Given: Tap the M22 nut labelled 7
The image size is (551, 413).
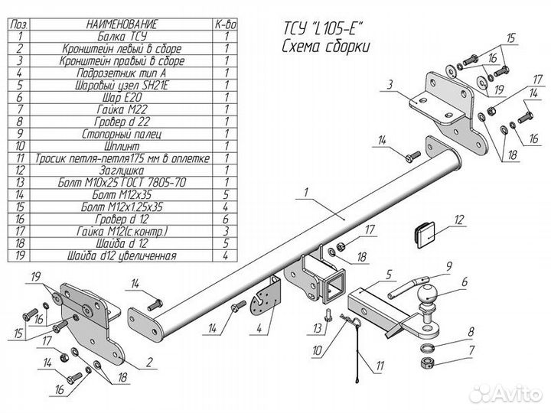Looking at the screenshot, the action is click(x=426, y=363).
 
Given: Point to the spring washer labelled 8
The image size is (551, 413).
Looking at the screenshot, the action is click(x=426, y=348).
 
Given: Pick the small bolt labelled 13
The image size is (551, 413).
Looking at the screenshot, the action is click(x=328, y=314).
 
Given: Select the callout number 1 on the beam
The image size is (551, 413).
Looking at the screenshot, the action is click(x=306, y=192).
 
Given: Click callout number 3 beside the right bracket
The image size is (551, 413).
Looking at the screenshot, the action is click(x=390, y=85).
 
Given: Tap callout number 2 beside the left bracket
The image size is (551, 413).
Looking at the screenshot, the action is click(x=150, y=362).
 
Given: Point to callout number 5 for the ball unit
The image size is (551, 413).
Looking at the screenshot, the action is click(x=388, y=275).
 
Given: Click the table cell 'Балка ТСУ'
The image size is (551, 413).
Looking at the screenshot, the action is click(x=122, y=36).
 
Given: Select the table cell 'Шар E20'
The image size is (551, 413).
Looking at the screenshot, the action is click(x=122, y=97).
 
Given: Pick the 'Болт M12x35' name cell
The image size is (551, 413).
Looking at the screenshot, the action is click(x=122, y=194).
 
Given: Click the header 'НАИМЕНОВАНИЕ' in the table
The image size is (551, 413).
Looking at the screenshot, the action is click(x=122, y=24).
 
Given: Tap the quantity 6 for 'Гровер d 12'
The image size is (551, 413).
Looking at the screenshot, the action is click(x=226, y=220).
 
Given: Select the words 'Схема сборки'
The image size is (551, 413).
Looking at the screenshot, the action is click(x=326, y=47).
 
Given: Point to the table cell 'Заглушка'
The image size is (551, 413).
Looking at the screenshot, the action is click(x=122, y=171).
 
